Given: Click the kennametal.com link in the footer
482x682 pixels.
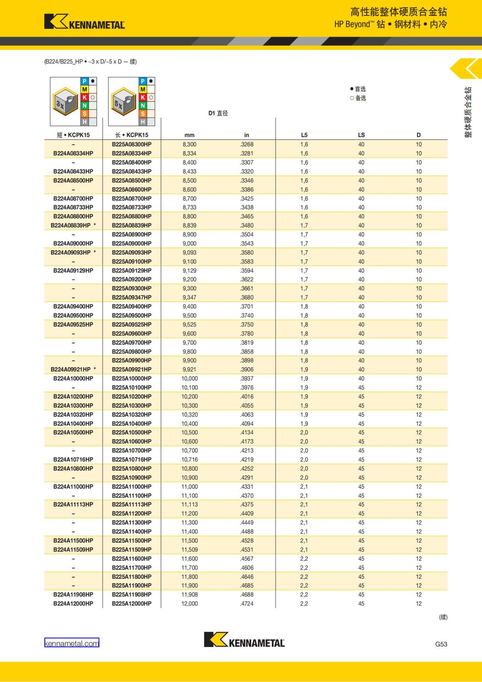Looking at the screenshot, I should [x=71, y=643].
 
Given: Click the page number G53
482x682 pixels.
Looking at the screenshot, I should [x=441, y=644].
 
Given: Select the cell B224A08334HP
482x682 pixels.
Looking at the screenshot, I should [x=73, y=153].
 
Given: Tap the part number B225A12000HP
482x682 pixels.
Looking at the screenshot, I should [x=132, y=603].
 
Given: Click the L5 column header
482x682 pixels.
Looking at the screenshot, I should [x=304, y=135].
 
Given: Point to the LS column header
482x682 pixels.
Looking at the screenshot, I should [x=361, y=135].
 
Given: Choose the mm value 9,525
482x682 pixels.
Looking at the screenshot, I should [x=189, y=325].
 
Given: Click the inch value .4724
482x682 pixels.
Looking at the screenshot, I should [x=247, y=603].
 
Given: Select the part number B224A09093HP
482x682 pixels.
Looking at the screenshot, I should [x=71, y=253].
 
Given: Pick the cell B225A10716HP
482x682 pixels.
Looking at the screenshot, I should [x=132, y=459].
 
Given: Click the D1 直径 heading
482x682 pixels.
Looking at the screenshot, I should [x=218, y=113].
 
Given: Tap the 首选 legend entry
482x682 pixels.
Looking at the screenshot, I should [x=358, y=89].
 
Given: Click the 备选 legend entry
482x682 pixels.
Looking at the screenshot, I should [x=358, y=98].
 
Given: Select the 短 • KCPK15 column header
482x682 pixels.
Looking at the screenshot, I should [x=73, y=135].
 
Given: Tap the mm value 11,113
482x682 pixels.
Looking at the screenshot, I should [x=189, y=504].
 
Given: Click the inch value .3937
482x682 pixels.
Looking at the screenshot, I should [x=247, y=378].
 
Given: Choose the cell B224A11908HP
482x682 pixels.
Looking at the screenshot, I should [x=73, y=594].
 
